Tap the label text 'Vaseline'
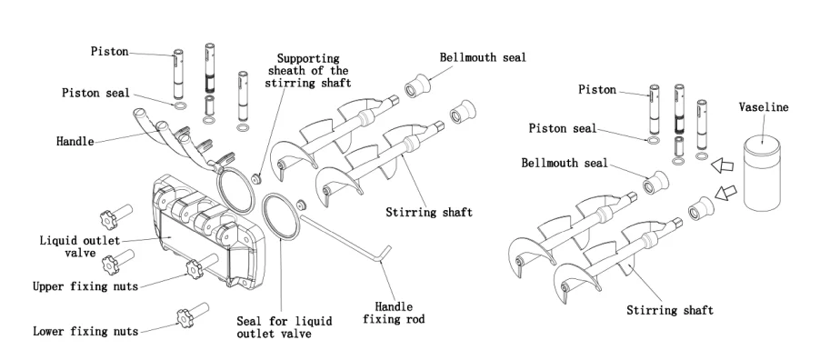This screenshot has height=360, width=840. [764, 107]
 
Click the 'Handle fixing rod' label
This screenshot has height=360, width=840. [394, 313]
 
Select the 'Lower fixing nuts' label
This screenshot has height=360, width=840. [85, 331]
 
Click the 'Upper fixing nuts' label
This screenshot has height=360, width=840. [85, 286]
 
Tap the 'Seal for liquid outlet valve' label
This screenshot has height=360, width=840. [285, 327]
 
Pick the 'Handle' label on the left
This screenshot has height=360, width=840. [75, 142]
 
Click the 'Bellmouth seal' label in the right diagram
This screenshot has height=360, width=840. [565, 163]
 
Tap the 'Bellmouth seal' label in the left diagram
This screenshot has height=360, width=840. [483, 57]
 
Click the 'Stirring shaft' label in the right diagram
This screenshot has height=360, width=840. [670, 310]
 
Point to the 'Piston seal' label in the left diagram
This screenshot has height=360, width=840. [95, 93]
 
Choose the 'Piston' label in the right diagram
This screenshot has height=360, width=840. [597, 89]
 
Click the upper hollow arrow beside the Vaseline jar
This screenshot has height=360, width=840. [722, 165]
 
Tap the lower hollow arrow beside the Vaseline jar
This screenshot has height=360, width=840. [725, 192]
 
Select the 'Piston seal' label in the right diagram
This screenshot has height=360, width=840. [563, 128]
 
